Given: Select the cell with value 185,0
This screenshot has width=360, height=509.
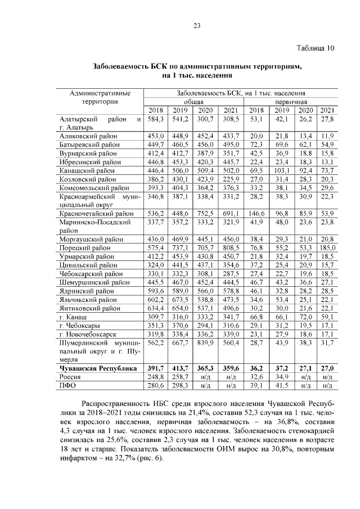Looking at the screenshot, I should [x=326, y=247].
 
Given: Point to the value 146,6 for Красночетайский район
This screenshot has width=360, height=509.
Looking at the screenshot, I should [x=257, y=214].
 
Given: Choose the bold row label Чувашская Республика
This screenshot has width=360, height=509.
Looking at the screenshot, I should [x=98, y=368].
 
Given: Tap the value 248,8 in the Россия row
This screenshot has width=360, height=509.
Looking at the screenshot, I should [x=155, y=376].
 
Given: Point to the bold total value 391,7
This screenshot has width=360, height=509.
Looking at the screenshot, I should [x=155, y=368].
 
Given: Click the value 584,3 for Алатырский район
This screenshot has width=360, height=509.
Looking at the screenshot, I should [x=155, y=119].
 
